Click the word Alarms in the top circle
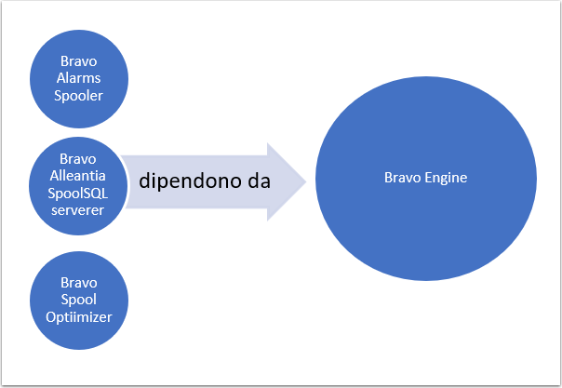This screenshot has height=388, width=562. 78,78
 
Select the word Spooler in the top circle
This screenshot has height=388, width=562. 78,96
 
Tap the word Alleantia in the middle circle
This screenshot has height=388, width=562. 78,176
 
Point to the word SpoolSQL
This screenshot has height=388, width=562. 78,194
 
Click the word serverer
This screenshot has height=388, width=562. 78,210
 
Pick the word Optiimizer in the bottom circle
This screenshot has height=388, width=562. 79,317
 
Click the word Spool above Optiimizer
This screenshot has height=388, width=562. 79,300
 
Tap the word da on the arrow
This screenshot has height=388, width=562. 260,181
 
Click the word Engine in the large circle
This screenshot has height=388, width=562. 446,178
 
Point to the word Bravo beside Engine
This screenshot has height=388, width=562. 403,178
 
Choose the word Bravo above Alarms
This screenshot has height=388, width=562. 78,61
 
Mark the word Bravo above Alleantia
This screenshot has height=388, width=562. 78,159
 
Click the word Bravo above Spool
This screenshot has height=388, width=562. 79,283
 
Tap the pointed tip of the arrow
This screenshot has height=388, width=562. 306,181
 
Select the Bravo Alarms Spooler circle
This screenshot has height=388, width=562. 79,79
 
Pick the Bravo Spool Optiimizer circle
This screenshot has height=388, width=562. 79,301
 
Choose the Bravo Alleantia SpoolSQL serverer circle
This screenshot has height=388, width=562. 78,186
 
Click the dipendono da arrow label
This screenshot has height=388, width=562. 205,181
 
